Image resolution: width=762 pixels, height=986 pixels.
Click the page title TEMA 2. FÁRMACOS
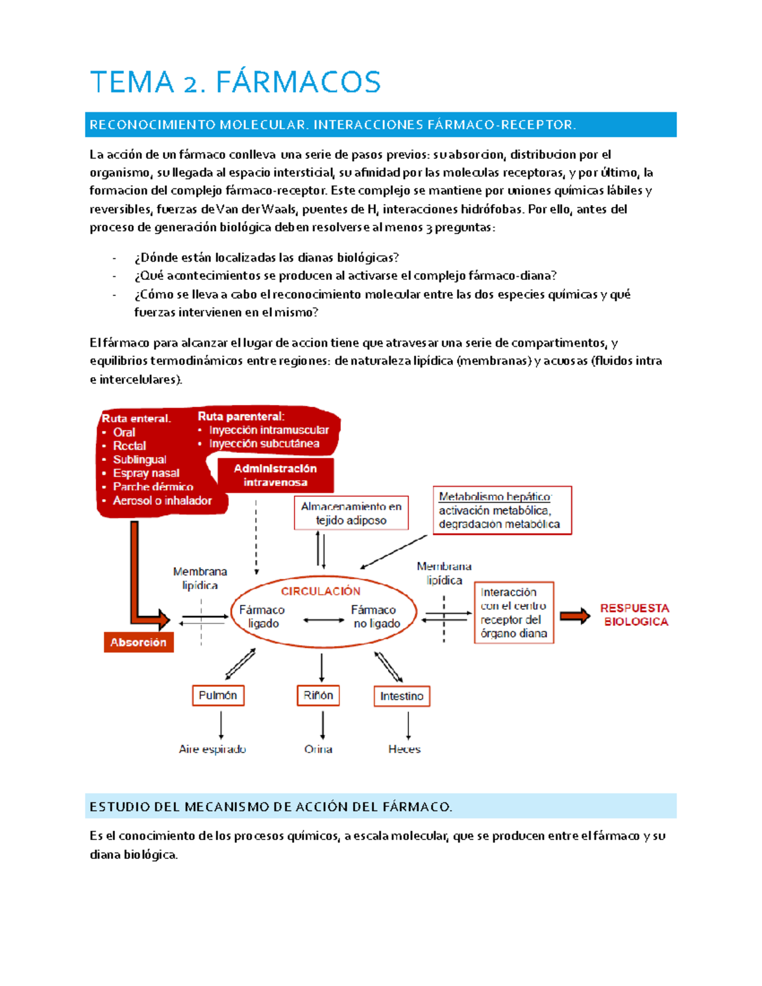pos(235,83)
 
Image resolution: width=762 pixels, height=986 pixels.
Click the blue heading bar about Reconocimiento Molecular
pos(380,124)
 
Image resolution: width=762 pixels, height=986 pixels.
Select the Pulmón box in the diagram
pos(218,695)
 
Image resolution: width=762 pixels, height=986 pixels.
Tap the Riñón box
pos(318,695)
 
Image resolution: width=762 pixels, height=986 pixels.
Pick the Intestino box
pos(401,696)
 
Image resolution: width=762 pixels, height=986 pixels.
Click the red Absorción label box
pos(138,642)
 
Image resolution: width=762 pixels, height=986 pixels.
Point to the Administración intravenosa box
pos(275,476)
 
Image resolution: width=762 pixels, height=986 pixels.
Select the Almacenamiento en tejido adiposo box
pos(351,513)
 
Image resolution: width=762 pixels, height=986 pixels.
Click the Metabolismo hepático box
pos(502,510)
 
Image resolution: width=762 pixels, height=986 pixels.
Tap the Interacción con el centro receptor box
pos(514,613)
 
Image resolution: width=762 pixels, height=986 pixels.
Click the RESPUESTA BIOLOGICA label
pos(635,615)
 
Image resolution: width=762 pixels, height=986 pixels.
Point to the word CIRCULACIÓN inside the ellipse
pos(321,591)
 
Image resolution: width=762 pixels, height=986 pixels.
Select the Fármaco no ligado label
pos(377,616)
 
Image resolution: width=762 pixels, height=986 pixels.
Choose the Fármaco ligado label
pos(262,616)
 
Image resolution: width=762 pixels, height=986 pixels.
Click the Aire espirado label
pos(212,749)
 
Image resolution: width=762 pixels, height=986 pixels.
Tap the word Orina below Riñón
pos(318,749)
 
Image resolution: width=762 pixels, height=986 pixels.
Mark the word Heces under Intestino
pos(404,749)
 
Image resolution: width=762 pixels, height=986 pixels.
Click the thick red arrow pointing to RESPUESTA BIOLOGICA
pos(575,615)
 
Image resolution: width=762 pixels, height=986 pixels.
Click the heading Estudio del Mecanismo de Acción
pos(271,807)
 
